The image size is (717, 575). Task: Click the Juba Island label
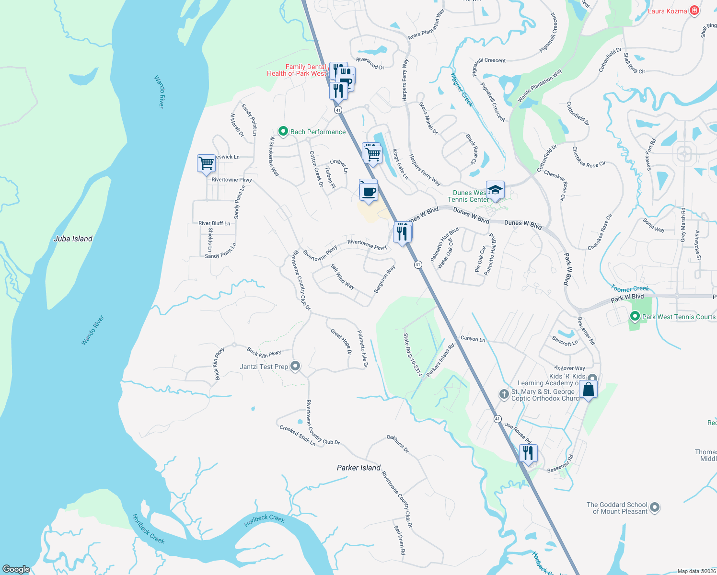coord(73,239)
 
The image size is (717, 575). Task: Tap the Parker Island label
coord(358,468)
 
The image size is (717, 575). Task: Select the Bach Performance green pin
coord(283,131)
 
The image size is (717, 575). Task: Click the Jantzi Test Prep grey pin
coord(295,367)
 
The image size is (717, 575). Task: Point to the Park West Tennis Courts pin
coord(635,316)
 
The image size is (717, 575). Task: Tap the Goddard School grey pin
coord(655,507)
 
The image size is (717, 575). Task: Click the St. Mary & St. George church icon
coord(504,394)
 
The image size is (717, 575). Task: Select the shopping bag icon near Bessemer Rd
coord(588,390)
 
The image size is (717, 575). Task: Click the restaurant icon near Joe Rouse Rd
coord(528,453)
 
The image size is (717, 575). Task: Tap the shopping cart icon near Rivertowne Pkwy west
coord(206,163)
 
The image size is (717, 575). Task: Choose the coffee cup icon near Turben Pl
coord(368,192)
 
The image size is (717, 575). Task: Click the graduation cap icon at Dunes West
coord(495,190)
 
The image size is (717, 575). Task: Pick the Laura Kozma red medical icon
coord(694,11)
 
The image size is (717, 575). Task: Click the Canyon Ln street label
coord(473,339)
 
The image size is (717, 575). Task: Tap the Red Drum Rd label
coord(400,540)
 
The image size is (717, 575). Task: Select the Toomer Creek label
coord(629,288)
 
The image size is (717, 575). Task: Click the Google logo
coord(16,569)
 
